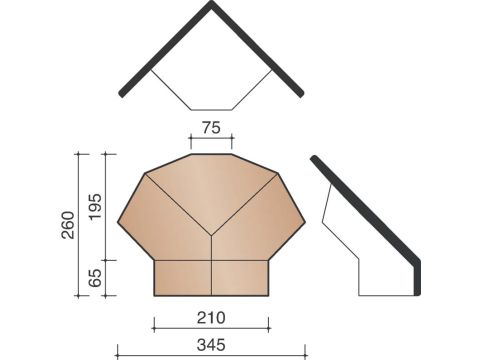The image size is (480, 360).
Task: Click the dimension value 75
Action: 211,128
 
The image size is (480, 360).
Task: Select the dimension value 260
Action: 68,225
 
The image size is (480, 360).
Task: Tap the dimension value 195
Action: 95,206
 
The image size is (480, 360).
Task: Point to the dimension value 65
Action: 95,278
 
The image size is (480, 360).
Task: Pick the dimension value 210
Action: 211,318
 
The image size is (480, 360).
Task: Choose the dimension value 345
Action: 211,345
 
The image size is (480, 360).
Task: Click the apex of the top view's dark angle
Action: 211,2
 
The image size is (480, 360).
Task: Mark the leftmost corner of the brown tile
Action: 118,222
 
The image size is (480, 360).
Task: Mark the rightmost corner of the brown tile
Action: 305,222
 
